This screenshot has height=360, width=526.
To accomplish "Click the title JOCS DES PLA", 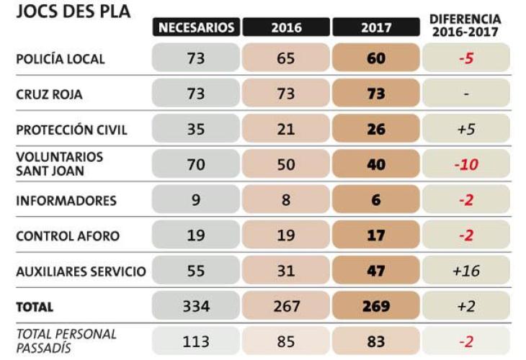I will (73, 12).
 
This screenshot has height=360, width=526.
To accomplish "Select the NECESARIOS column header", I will (196, 27).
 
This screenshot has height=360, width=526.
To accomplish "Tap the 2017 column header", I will (375, 27).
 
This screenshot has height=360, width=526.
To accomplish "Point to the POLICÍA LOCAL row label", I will (61, 58).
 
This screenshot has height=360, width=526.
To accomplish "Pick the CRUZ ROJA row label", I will (50, 94).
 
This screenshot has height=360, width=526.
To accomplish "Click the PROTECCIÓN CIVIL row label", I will (71, 130).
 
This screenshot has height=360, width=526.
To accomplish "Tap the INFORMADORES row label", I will (66, 200).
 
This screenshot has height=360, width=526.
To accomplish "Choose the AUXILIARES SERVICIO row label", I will (81, 271).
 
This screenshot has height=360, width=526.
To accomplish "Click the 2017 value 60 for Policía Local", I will (375, 58).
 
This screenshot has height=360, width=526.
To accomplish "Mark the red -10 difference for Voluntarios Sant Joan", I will (466, 165).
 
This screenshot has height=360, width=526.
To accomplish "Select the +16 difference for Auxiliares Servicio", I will (466, 271).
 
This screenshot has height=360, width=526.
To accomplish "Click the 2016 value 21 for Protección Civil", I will (286, 130).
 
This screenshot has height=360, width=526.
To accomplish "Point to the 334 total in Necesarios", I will (196, 307).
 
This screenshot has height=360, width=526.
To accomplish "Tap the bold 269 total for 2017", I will (375, 307).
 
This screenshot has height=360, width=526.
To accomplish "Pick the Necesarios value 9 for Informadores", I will (196, 200).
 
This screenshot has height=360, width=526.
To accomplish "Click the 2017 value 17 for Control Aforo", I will (375, 236).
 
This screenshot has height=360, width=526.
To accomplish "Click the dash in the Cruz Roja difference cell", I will (466, 94).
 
